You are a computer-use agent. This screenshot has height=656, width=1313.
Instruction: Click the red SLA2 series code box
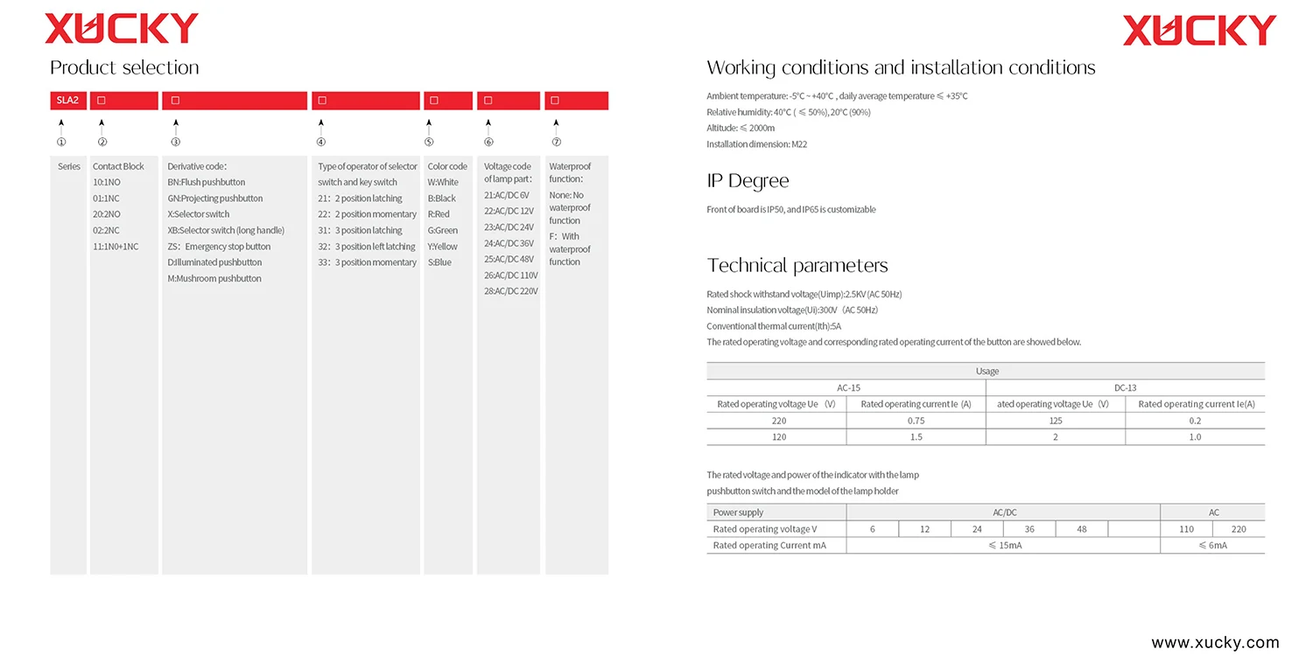coord(68,101)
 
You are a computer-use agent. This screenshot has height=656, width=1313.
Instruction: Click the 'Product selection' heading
coord(124,68)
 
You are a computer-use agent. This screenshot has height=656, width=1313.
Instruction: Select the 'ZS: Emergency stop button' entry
coord(219,247)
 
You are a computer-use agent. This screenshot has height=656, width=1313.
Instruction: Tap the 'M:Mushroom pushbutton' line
coord(214,279)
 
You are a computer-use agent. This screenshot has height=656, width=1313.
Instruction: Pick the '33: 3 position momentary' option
coord(367,262)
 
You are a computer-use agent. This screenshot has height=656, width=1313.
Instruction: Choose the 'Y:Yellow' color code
coord(443,247)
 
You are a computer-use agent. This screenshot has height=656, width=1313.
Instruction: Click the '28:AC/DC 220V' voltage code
coord(510,291)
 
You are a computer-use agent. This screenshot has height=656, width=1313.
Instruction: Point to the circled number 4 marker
coord(321,143)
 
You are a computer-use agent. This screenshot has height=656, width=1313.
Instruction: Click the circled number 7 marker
coord(556,143)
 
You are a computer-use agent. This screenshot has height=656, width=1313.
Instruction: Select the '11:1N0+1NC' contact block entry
coord(116,247)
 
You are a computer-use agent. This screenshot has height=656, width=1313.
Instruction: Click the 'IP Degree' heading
coord(748,181)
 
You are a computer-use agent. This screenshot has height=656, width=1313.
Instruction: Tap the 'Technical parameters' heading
coord(797,266)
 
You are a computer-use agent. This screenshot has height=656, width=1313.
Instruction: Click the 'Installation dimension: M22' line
coord(756,144)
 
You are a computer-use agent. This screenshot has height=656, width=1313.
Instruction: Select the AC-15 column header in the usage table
coord(846,387)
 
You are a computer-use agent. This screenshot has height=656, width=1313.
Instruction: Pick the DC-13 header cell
coord(1125,387)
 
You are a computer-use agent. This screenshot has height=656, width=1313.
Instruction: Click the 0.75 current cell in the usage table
coord(916,421)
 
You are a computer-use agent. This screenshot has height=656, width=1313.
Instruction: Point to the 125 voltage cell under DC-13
coord(1055,421)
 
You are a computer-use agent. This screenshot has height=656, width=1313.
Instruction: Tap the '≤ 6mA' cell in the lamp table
coord(1212,545)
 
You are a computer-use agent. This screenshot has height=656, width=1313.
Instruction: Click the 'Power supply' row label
coord(738,513)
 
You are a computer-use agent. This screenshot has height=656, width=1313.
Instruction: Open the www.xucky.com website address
coord(1215,643)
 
